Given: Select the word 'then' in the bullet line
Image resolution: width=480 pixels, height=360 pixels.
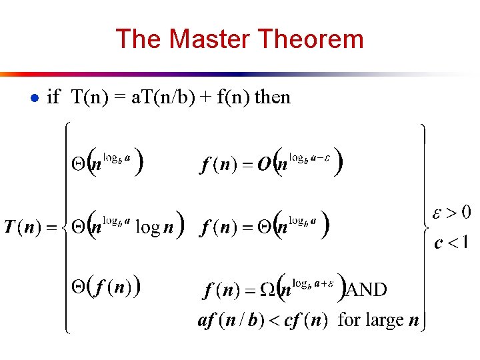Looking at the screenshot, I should [273, 97].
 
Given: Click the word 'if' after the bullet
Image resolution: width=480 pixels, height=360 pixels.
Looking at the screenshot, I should [53, 97].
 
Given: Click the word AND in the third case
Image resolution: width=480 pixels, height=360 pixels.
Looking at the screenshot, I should [365, 289].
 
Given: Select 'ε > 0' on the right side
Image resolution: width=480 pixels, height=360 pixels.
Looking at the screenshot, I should [451, 213].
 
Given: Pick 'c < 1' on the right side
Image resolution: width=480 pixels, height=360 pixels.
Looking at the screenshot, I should [451, 242].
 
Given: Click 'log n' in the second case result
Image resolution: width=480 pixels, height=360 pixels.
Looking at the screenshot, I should [154, 227].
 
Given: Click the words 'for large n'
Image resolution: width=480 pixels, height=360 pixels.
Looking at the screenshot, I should [378, 320].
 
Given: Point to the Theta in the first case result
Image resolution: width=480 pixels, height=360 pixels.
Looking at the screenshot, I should [78, 164].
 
